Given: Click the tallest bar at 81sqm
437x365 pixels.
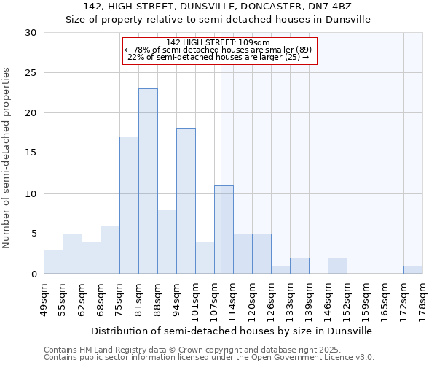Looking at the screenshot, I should [x=148, y=181].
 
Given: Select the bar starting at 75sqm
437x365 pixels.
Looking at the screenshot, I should [x=129, y=205].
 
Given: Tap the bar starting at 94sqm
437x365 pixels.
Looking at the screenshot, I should [x=186, y=201].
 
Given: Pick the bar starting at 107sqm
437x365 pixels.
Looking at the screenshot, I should [x=224, y=230].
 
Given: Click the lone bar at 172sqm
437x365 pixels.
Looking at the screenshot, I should [x=413, y=270].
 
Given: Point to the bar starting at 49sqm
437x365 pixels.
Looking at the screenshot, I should [x=53, y=262].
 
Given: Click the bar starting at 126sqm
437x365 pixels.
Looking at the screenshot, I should [x=280, y=270].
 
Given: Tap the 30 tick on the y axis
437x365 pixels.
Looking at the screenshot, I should [x=31, y=33].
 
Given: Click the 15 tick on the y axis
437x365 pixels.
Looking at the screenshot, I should [x=31, y=153].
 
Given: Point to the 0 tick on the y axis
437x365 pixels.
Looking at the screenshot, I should [x=34, y=274].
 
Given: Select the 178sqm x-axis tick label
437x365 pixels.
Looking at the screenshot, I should [x=423, y=298].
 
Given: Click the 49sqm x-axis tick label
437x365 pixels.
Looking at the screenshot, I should [x=44, y=298].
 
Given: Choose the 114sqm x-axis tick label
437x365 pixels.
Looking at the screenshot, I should [x=234, y=298].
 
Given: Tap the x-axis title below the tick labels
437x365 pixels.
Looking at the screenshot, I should [x=233, y=331].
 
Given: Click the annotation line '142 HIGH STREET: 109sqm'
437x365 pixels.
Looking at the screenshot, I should [x=219, y=42].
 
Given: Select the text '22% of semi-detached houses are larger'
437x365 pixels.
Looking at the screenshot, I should [x=213, y=57].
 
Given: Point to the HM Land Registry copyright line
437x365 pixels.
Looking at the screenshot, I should [x=188, y=350].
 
